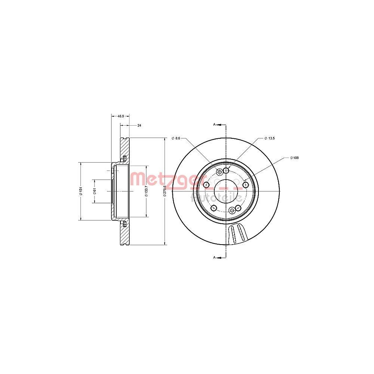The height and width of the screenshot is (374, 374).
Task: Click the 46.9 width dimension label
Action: [x=120, y=116]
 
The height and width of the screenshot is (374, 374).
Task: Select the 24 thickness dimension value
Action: [x=139, y=125]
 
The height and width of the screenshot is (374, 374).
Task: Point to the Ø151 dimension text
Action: [x=80, y=191]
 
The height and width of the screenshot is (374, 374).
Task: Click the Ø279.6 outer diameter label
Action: [x=165, y=191]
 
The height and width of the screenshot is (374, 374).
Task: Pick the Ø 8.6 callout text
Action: [x=176, y=138]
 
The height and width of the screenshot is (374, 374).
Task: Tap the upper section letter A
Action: [x=214, y=124]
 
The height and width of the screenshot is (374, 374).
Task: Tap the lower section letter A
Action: [x=214, y=258]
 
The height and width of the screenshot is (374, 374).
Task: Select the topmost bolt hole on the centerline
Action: [x=226, y=171]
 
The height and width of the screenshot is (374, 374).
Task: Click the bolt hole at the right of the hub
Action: [x=246, y=185]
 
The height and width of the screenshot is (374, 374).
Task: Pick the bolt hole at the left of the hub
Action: [x=206, y=185]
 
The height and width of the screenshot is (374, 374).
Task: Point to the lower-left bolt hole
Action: [x=214, y=208]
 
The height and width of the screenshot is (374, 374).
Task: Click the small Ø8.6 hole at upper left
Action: [x=220, y=172]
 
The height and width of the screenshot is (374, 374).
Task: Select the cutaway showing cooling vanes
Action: [x=237, y=234]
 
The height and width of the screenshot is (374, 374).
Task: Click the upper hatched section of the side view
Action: [x=125, y=148]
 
